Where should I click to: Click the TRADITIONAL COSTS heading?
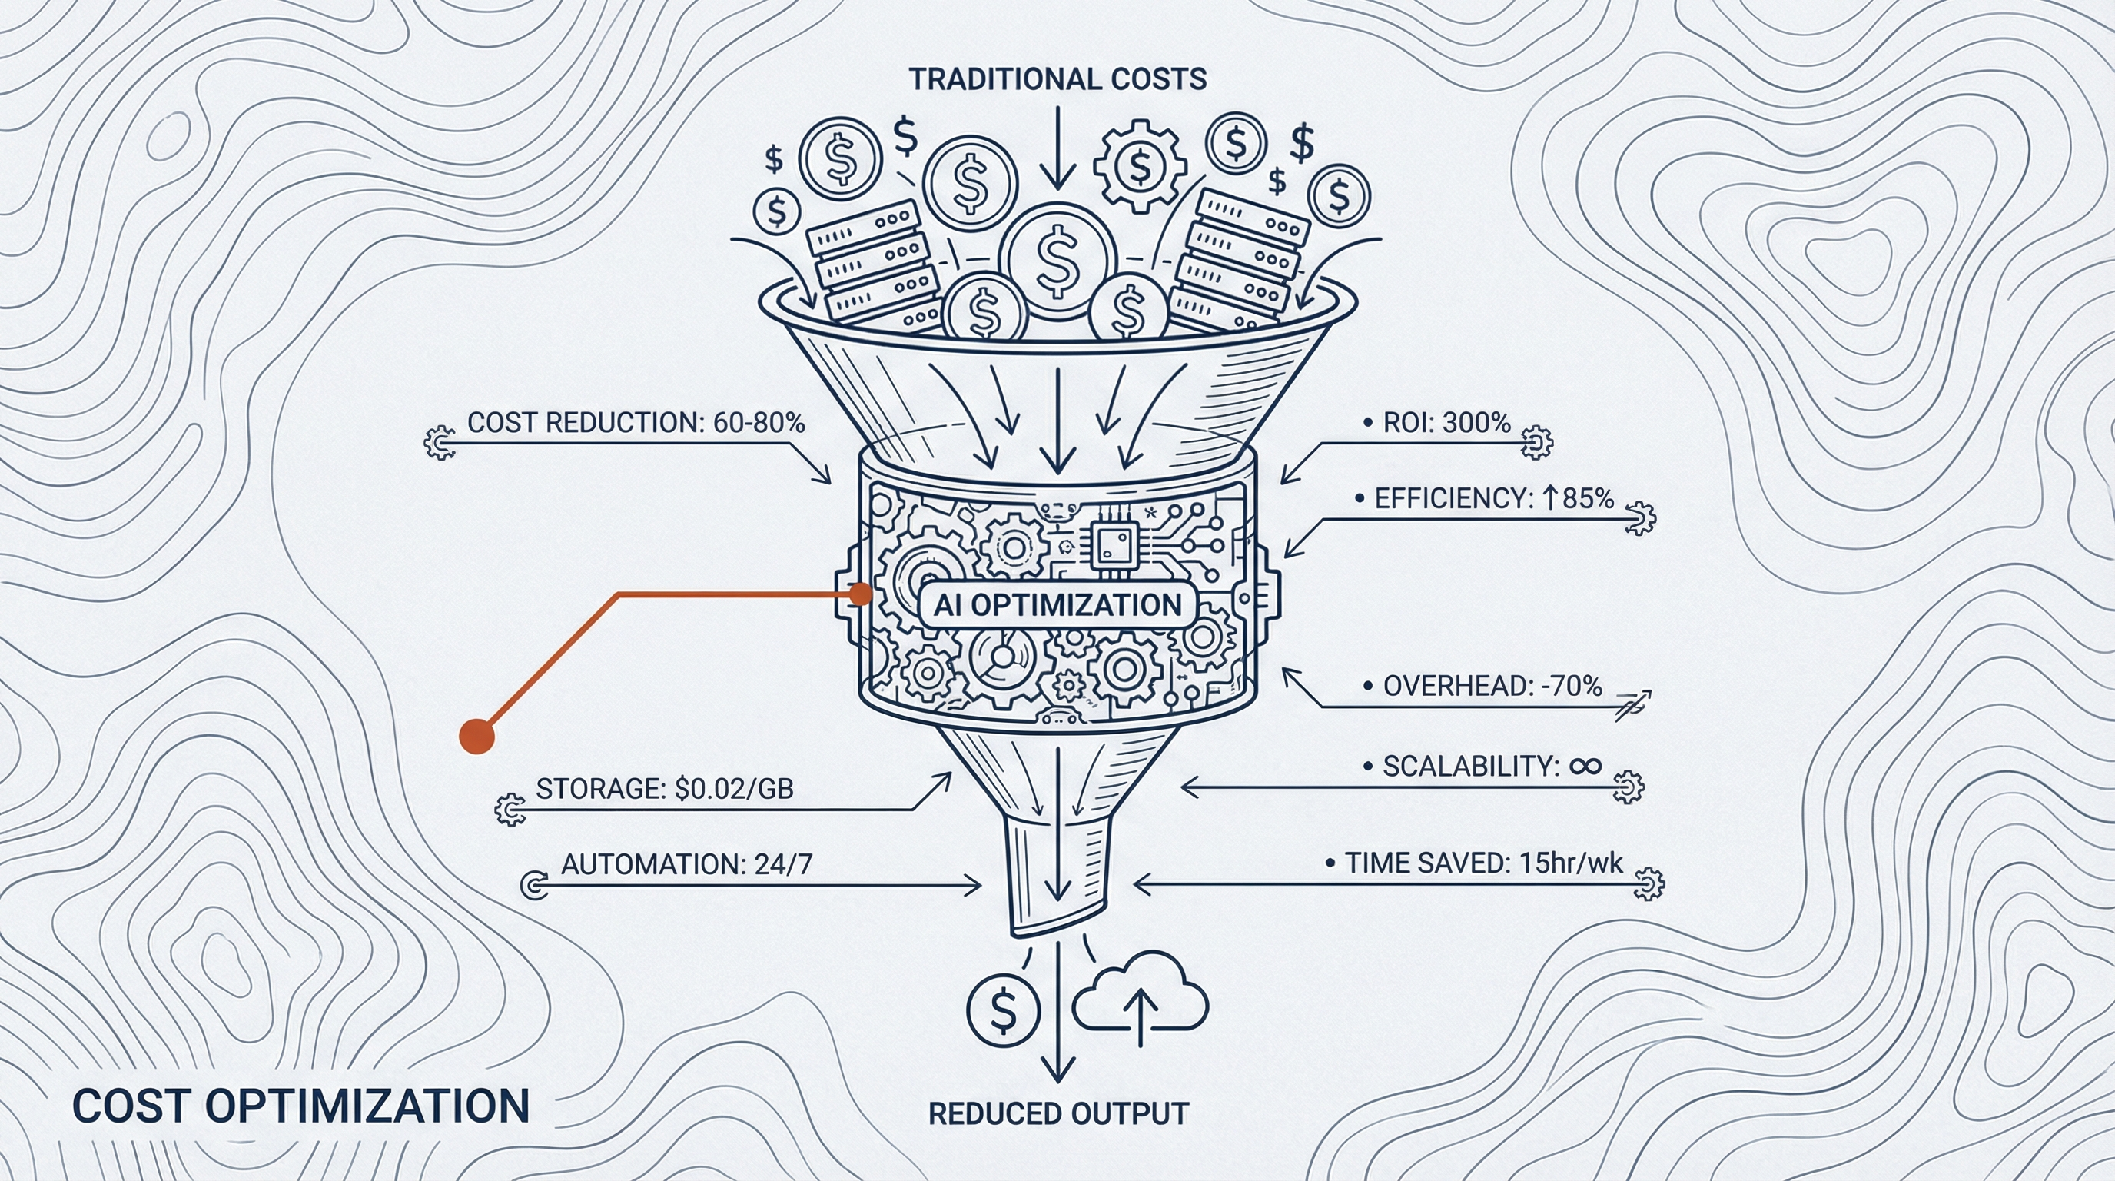coord(1057,80)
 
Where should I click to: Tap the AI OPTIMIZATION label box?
coord(1057,605)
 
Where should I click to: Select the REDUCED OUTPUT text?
coord(1057,1113)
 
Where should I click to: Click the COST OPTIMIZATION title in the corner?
coord(300,1106)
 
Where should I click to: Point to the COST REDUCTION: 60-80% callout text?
coord(636,423)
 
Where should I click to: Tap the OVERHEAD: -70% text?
coord(1491,687)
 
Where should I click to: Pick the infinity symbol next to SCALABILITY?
coord(1585,767)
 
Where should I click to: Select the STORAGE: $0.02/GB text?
coord(664,789)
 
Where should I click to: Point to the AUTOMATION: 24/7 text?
coord(686,864)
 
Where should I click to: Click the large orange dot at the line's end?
coord(476,735)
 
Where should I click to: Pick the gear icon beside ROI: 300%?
coord(1536,442)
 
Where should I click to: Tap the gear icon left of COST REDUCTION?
coord(440,443)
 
